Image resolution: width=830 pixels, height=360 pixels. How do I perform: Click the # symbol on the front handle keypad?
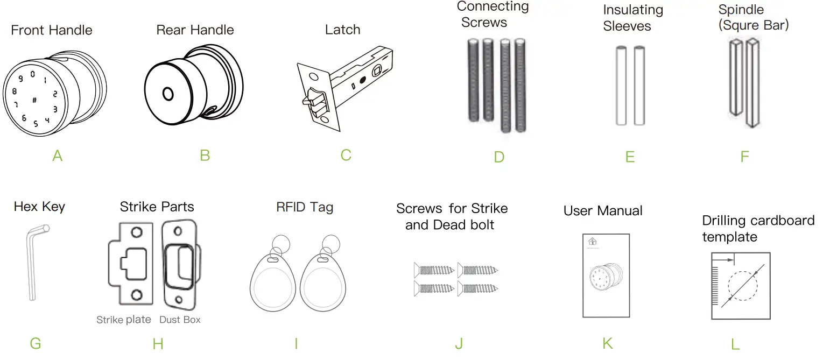(x=34, y=100)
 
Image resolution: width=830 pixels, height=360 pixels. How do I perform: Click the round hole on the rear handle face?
(x=168, y=95)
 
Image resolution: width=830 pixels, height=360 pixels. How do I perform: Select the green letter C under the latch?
(x=346, y=155)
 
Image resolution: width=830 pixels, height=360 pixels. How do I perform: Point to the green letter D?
(x=499, y=157)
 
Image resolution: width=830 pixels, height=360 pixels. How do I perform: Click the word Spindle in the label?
(x=741, y=10)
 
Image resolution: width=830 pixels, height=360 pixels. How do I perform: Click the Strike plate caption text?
(x=124, y=320)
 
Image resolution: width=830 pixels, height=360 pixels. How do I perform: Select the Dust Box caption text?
(x=180, y=320)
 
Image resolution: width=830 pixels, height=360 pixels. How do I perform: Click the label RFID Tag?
(x=305, y=207)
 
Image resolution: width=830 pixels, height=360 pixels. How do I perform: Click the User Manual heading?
(x=603, y=211)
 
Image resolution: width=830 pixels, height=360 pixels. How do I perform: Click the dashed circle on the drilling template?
(x=742, y=286)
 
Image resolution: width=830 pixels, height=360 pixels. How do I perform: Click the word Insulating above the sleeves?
(x=633, y=10)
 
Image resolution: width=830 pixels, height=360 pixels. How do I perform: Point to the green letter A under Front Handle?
(x=58, y=156)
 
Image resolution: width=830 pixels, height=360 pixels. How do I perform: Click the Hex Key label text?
(x=39, y=207)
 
